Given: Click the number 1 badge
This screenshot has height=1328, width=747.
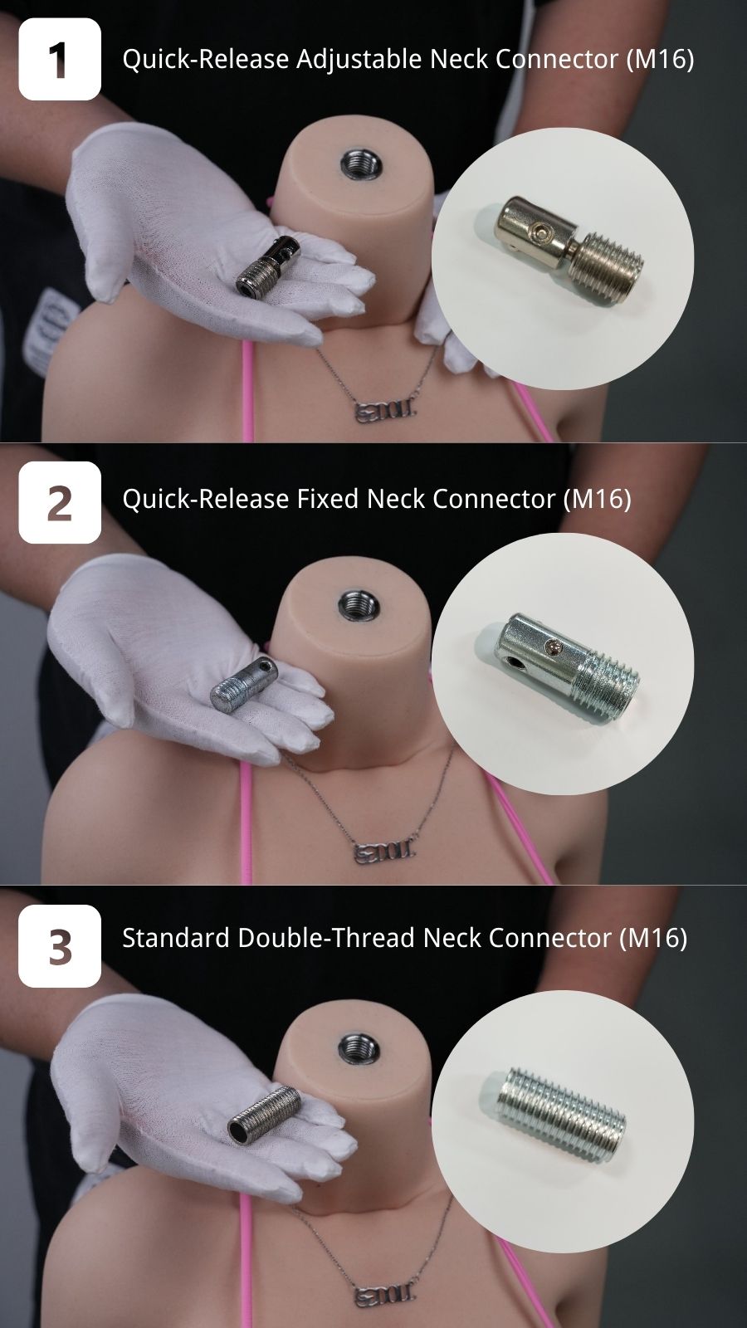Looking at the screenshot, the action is [x=60, y=59].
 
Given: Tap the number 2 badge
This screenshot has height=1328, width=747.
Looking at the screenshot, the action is [x=60, y=502].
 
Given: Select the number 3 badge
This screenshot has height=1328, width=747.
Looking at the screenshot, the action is [x=60, y=946].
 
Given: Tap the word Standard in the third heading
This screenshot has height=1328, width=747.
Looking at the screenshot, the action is [x=176, y=939].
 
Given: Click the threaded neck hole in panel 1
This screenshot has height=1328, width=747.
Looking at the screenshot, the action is [x=360, y=163].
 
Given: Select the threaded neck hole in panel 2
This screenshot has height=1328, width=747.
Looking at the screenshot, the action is [x=358, y=605].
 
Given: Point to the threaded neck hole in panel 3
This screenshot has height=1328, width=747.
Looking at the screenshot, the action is [x=358, y=1049].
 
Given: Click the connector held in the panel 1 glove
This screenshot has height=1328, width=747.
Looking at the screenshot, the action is [x=268, y=265].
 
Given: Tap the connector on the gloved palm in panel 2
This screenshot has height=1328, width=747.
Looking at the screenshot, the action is [x=243, y=685].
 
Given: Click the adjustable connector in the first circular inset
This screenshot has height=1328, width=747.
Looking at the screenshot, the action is [x=570, y=250].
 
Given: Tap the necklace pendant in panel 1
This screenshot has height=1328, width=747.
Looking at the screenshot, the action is [x=385, y=410].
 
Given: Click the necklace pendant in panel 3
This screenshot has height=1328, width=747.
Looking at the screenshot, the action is [x=385, y=1294].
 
